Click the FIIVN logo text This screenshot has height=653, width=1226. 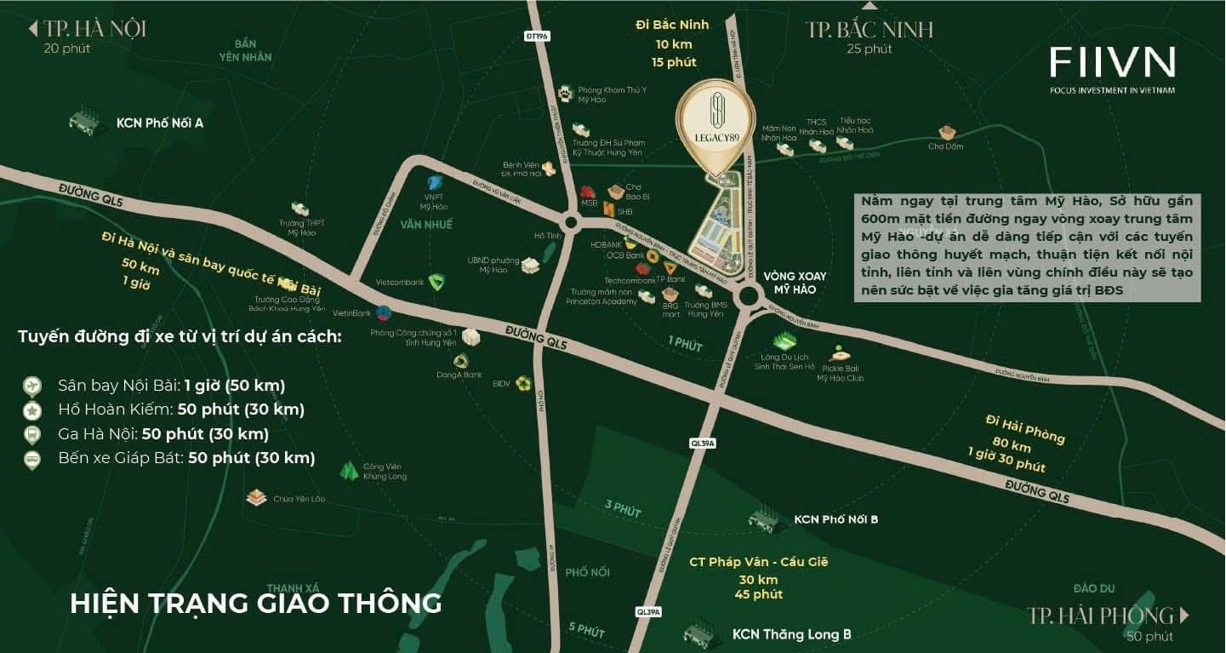pyautogui.click(x=1112, y=62)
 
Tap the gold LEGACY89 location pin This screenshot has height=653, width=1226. pyautogui.click(x=716, y=123)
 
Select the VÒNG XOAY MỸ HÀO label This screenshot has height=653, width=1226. pyautogui.click(x=795, y=283)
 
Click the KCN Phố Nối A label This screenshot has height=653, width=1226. pyautogui.click(x=160, y=123)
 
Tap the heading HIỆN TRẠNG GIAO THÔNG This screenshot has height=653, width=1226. pyautogui.click(x=256, y=603)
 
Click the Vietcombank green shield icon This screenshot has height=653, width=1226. pyautogui.click(x=437, y=283)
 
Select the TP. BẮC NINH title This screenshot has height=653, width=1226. pyautogui.click(x=870, y=31)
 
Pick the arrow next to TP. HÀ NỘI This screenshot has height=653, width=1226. pyautogui.click(x=33, y=29)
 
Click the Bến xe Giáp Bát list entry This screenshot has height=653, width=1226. pyautogui.click(x=186, y=458)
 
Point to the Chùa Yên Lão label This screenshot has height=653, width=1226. pyautogui.click(x=299, y=499)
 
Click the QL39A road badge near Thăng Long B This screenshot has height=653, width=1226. pyautogui.click(x=648, y=611)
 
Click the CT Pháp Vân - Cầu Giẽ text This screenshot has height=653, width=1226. pyautogui.click(x=758, y=562)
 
